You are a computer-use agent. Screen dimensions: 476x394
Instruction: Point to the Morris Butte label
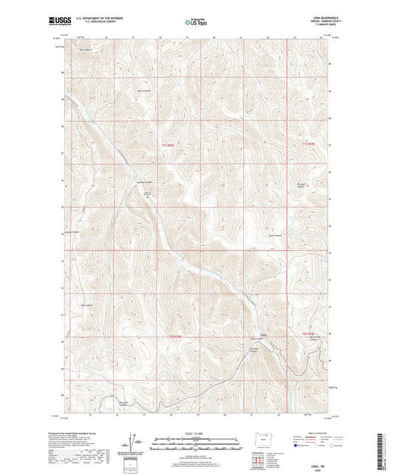click(86, 51)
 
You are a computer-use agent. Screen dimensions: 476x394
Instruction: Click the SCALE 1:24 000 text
click(197, 433)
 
